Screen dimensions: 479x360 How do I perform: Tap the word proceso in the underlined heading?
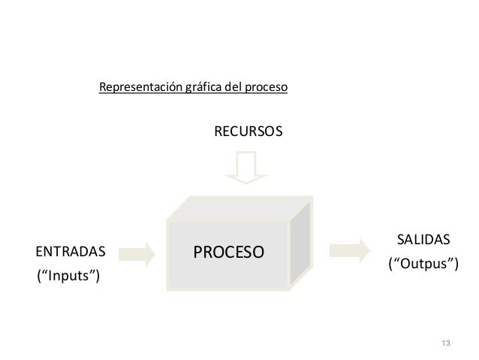(265, 88)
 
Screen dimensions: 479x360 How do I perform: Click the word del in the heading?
(233, 88)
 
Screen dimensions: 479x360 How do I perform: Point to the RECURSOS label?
(249, 132)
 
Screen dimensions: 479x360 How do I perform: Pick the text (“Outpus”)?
(423, 265)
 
